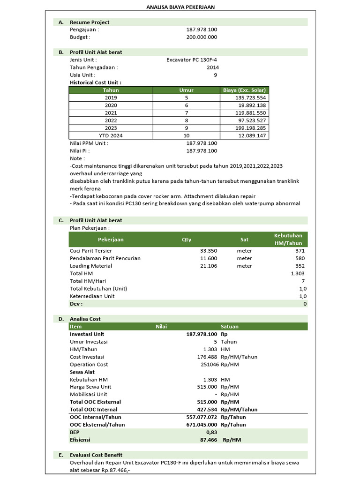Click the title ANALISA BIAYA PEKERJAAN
[180, 7]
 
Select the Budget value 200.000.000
[202, 37]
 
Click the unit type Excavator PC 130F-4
[192, 60]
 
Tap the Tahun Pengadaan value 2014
[212, 67]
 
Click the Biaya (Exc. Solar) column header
[244, 90]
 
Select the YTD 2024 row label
[111, 135]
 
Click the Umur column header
[186, 90]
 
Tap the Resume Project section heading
[90, 22]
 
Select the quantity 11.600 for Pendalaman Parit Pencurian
[208, 258]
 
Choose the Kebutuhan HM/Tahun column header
[288, 239]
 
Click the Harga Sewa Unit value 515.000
[207, 387]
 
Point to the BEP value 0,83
[211, 432]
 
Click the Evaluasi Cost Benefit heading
[96, 455]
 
